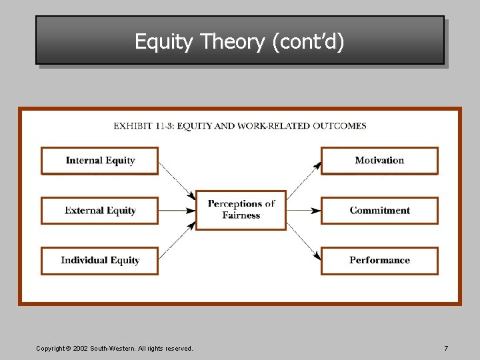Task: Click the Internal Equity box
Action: pyautogui.click(x=100, y=161)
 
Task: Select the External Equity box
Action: pyautogui.click(x=100, y=211)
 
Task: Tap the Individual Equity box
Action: pyautogui.click(x=100, y=261)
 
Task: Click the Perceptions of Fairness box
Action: pyautogui.click(x=241, y=210)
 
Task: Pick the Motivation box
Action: pyautogui.click(x=379, y=161)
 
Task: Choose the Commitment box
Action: pyautogui.click(x=379, y=211)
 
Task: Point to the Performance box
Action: pyautogui.click(x=379, y=261)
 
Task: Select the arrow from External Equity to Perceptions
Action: pyautogui.click(x=177, y=211)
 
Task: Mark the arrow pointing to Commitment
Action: pyautogui.click(x=303, y=211)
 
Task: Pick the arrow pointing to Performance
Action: pyautogui.click(x=303, y=241)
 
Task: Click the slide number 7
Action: pyautogui.click(x=446, y=349)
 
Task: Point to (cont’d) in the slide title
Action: pyautogui.click(x=308, y=42)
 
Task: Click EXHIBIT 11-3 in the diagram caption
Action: pyautogui.click(x=143, y=126)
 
